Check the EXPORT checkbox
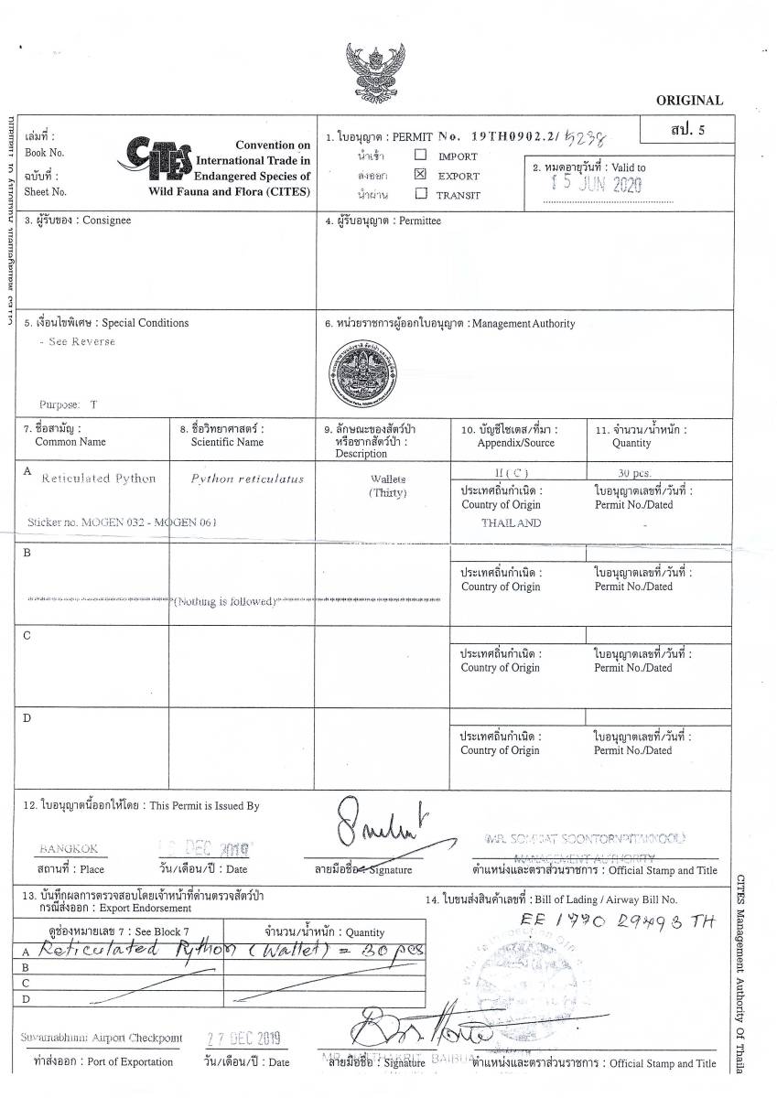point(420,174)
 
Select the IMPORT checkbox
point(420,156)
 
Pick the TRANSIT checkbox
point(420,193)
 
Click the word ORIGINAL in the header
point(689,101)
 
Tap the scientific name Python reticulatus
point(247,479)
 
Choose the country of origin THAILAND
point(511,522)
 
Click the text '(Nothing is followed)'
point(225,601)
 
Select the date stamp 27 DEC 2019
point(243,1039)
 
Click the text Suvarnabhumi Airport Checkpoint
point(101,1039)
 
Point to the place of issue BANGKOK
point(69,848)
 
